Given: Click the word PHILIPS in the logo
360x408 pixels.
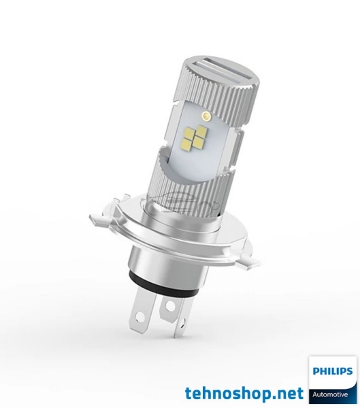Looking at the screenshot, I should (x=333, y=372).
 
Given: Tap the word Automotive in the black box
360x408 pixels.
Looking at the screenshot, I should (x=332, y=394).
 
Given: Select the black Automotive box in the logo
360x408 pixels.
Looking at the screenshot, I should (x=332, y=394).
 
